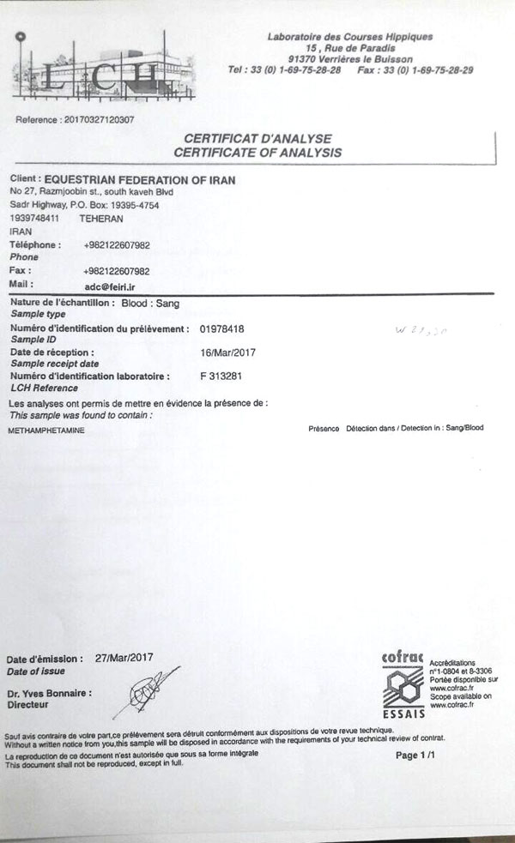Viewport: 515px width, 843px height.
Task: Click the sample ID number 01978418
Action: tap(222, 328)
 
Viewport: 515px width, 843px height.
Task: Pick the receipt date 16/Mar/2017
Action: tap(226, 352)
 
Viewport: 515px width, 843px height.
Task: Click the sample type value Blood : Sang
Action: tap(151, 304)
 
